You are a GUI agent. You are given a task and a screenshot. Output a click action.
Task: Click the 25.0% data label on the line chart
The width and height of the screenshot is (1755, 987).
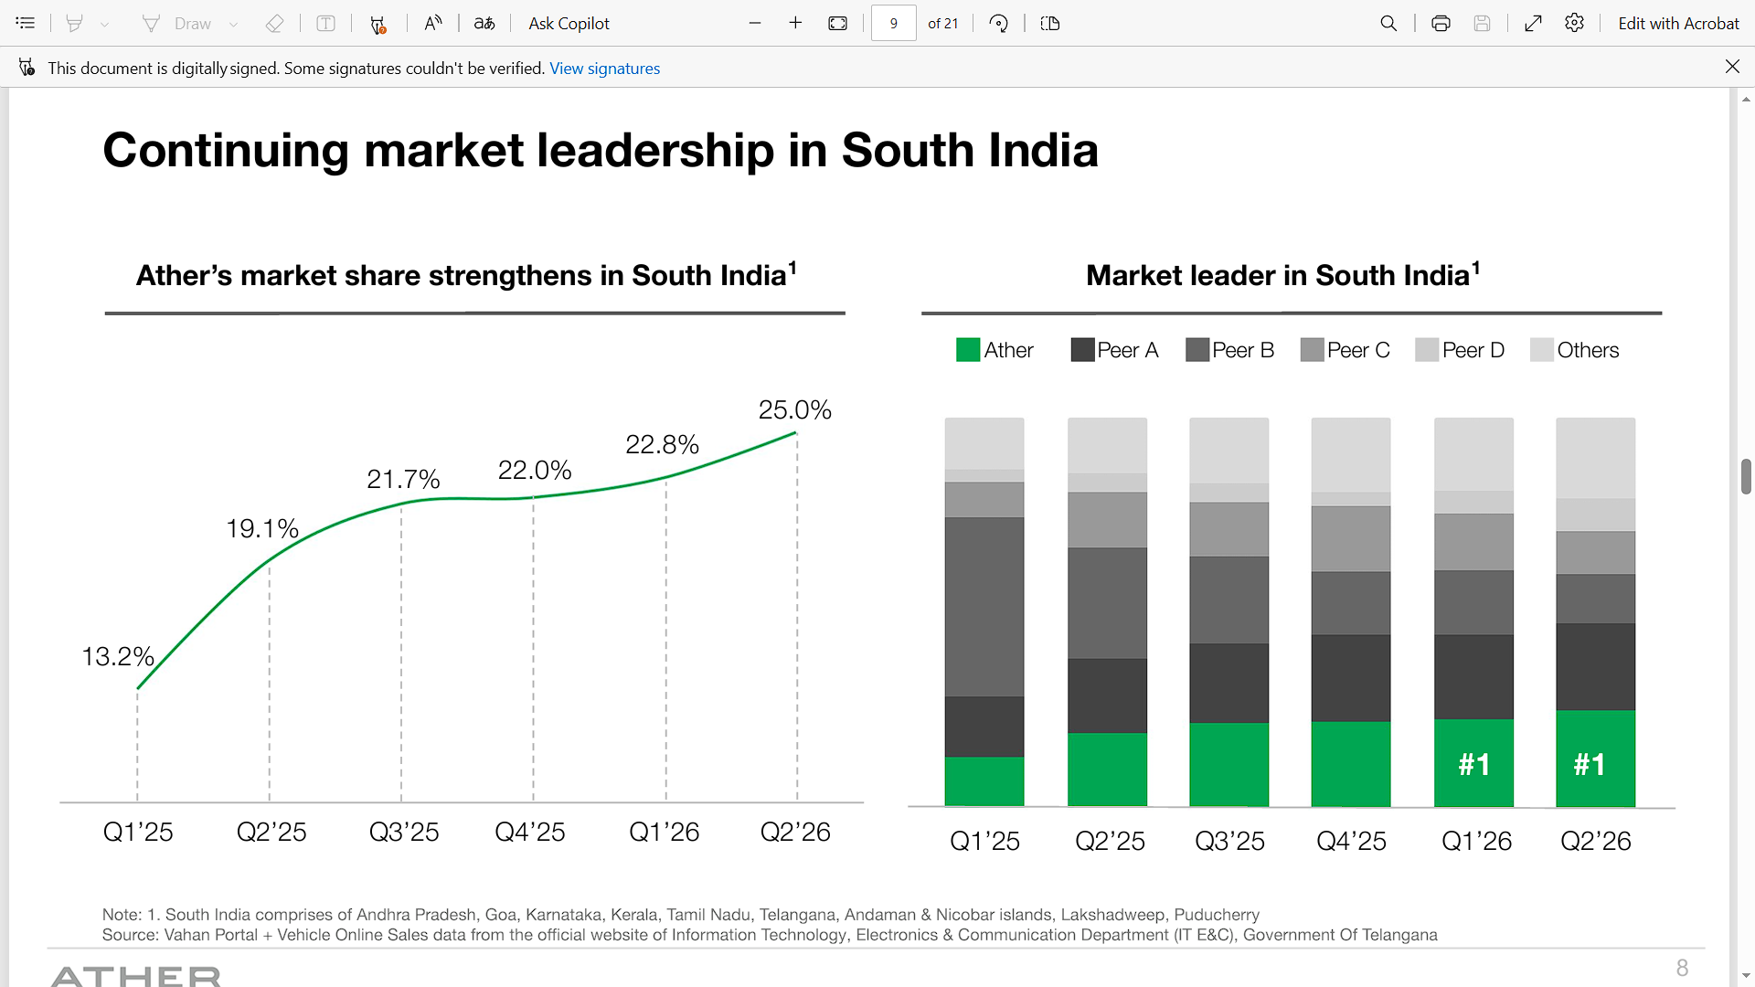794,410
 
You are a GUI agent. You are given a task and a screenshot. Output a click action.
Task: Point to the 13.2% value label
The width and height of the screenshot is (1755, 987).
118,656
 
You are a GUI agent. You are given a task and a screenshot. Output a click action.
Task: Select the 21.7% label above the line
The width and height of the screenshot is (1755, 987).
403,479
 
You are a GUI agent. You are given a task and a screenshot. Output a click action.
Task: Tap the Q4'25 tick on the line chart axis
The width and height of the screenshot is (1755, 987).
530,832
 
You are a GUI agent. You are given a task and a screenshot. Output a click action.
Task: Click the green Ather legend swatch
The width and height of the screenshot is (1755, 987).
967,350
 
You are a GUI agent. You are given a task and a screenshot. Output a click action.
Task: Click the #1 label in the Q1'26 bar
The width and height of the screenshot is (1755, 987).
1474,764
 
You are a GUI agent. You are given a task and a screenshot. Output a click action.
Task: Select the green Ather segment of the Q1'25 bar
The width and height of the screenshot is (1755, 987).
984,781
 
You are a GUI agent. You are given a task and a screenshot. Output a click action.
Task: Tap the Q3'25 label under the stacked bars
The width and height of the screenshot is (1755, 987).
1229,841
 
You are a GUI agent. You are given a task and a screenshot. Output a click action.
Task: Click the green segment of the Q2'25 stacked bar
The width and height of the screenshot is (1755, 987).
1107,769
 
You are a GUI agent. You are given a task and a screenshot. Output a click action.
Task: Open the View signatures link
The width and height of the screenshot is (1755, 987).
604,69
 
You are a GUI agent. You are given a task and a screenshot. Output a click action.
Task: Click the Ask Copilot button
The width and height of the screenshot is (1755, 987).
569,24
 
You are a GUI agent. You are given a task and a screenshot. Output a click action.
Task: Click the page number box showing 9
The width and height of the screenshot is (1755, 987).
893,24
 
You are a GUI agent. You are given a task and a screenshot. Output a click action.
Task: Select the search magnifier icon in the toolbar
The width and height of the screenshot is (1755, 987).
1388,24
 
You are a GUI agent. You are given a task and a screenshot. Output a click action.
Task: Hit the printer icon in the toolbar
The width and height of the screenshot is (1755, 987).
1441,24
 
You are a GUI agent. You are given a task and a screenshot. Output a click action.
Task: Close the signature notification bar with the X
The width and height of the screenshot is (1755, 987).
1732,67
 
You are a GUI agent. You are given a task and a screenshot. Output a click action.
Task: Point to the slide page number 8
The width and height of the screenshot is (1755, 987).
1682,968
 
